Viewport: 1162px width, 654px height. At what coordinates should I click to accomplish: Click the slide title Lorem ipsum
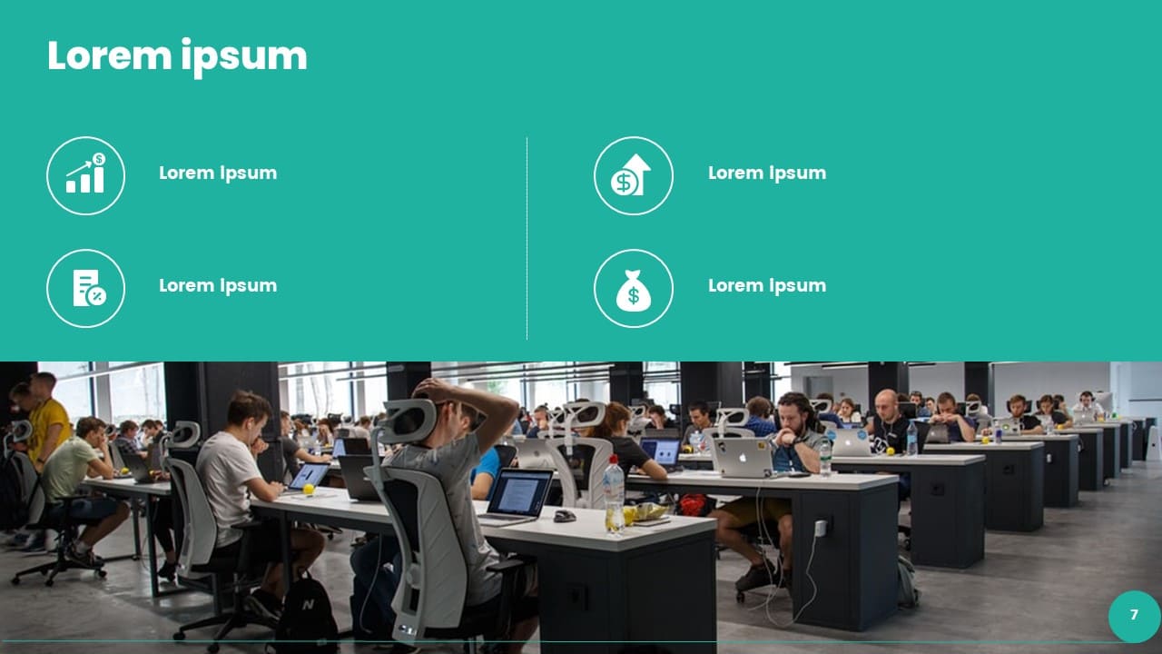(x=177, y=57)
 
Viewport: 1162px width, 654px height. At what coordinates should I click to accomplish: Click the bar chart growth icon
(x=85, y=175)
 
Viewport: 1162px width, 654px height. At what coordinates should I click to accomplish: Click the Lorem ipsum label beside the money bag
(x=767, y=285)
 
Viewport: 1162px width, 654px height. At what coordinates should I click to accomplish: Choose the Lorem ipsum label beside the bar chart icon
(x=218, y=173)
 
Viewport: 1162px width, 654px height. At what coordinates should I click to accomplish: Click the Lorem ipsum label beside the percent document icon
(x=218, y=285)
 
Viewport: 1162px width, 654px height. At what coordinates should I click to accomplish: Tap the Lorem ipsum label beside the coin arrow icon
(x=767, y=173)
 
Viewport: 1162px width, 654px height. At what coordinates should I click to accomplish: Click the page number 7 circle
(x=1134, y=616)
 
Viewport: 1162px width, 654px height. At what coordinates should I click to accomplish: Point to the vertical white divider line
(x=527, y=238)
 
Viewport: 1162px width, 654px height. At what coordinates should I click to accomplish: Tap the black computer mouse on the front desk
(x=565, y=515)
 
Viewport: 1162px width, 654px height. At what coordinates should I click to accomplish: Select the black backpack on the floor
(x=306, y=613)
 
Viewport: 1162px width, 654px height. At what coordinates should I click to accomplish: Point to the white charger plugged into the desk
(x=820, y=528)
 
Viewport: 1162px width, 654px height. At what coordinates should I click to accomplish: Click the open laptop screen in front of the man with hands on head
(x=520, y=492)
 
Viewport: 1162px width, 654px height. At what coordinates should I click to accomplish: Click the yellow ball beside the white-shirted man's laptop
(x=309, y=489)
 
